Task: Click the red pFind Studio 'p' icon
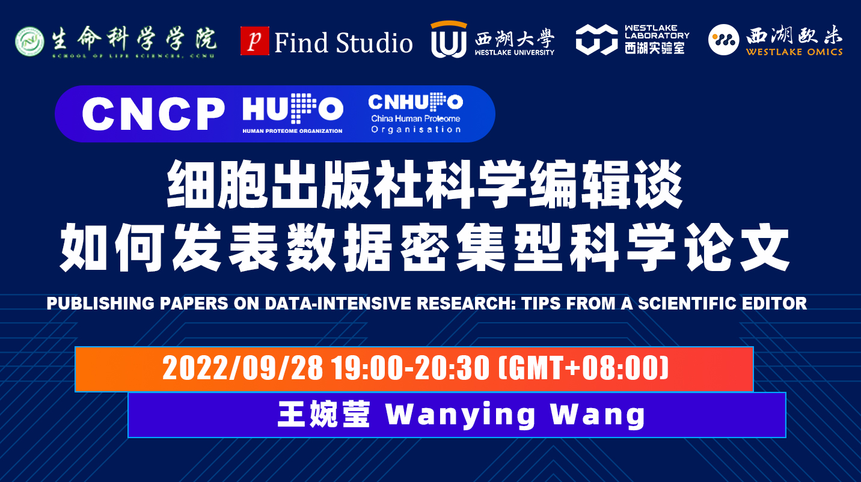point(254,41)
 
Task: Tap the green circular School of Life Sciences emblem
point(29,41)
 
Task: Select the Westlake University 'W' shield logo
point(449,40)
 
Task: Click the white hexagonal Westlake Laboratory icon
point(596,39)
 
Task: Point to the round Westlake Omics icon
point(723,40)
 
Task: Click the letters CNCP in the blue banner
point(153,114)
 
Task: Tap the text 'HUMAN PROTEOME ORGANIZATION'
point(292,131)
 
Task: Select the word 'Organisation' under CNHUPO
point(416,130)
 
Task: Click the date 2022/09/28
point(242,368)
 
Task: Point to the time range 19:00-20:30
point(411,368)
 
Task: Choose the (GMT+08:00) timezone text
point(583,368)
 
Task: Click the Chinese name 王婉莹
point(323,414)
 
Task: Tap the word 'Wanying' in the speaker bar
point(461,415)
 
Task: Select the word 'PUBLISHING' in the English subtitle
point(99,304)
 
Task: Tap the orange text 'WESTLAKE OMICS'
point(794,52)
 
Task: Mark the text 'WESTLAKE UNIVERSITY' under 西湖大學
point(514,52)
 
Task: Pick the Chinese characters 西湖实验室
point(655,48)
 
